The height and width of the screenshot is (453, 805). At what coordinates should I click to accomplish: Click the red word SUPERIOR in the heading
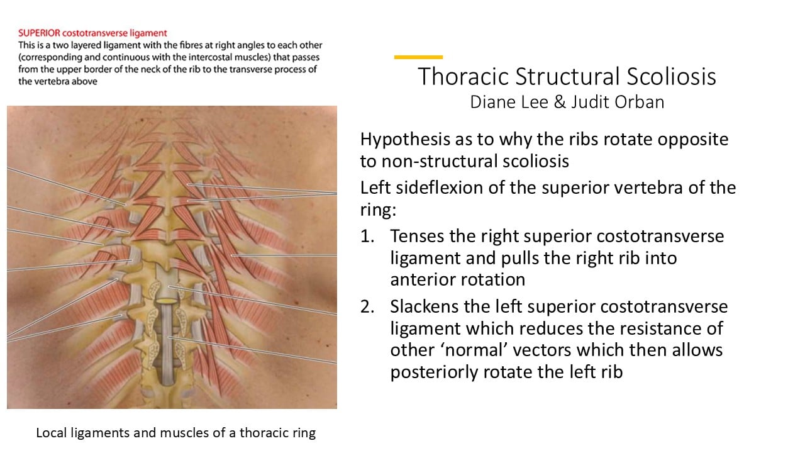pyautogui.click(x=39, y=33)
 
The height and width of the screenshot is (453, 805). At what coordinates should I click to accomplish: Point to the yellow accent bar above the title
pyautogui.click(x=418, y=57)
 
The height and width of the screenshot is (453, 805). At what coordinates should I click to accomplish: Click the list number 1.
pyautogui.click(x=367, y=236)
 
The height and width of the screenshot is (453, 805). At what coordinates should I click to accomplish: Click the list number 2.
pyautogui.click(x=367, y=306)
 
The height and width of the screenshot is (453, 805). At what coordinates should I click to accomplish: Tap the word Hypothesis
pyautogui.click(x=405, y=140)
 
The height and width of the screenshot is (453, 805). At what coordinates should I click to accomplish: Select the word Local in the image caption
pyautogui.click(x=52, y=432)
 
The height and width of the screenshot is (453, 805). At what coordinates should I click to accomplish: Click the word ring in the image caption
pyautogui.click(x=304, y=433)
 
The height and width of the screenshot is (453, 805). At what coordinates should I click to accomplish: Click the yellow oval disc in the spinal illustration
pyautogui.click(x=167, y=299)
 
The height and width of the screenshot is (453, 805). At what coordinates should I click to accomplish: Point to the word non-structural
pyautogui.click(x=475, y=161)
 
